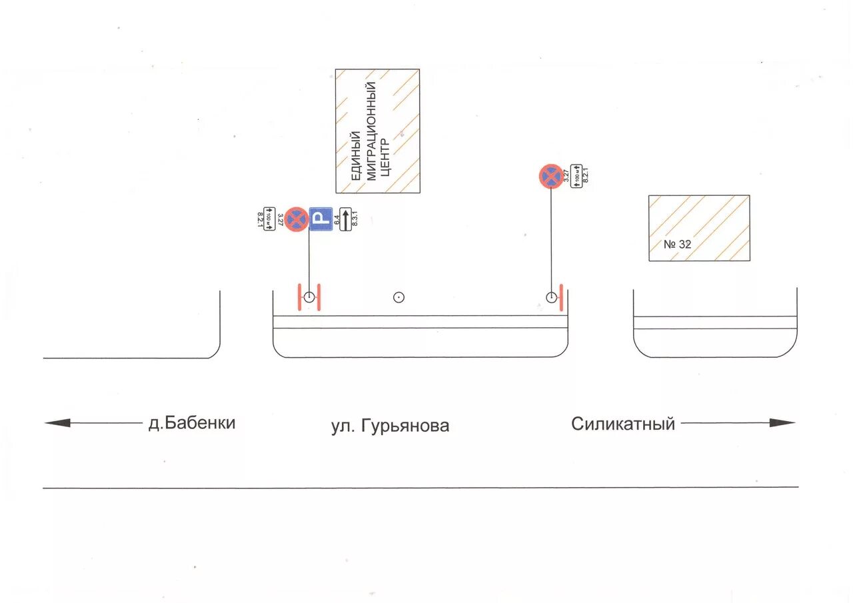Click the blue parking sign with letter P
click(321, 219)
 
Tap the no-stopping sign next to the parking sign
click(297, 219)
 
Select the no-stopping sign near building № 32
click(551, 177)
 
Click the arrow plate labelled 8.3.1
click(345, 219)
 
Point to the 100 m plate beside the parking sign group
click(269, 219)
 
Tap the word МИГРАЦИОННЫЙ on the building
click(372, 131)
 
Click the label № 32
click(678, 245)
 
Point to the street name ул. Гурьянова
click(390, 426)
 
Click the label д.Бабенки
click(192, 422)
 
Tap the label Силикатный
click(623, 424)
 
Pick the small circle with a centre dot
click(399, 297)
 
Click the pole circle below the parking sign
click(309, 297)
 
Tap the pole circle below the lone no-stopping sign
click(551, 297)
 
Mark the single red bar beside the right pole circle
click(562, 297)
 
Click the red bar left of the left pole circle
click(299, 297)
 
